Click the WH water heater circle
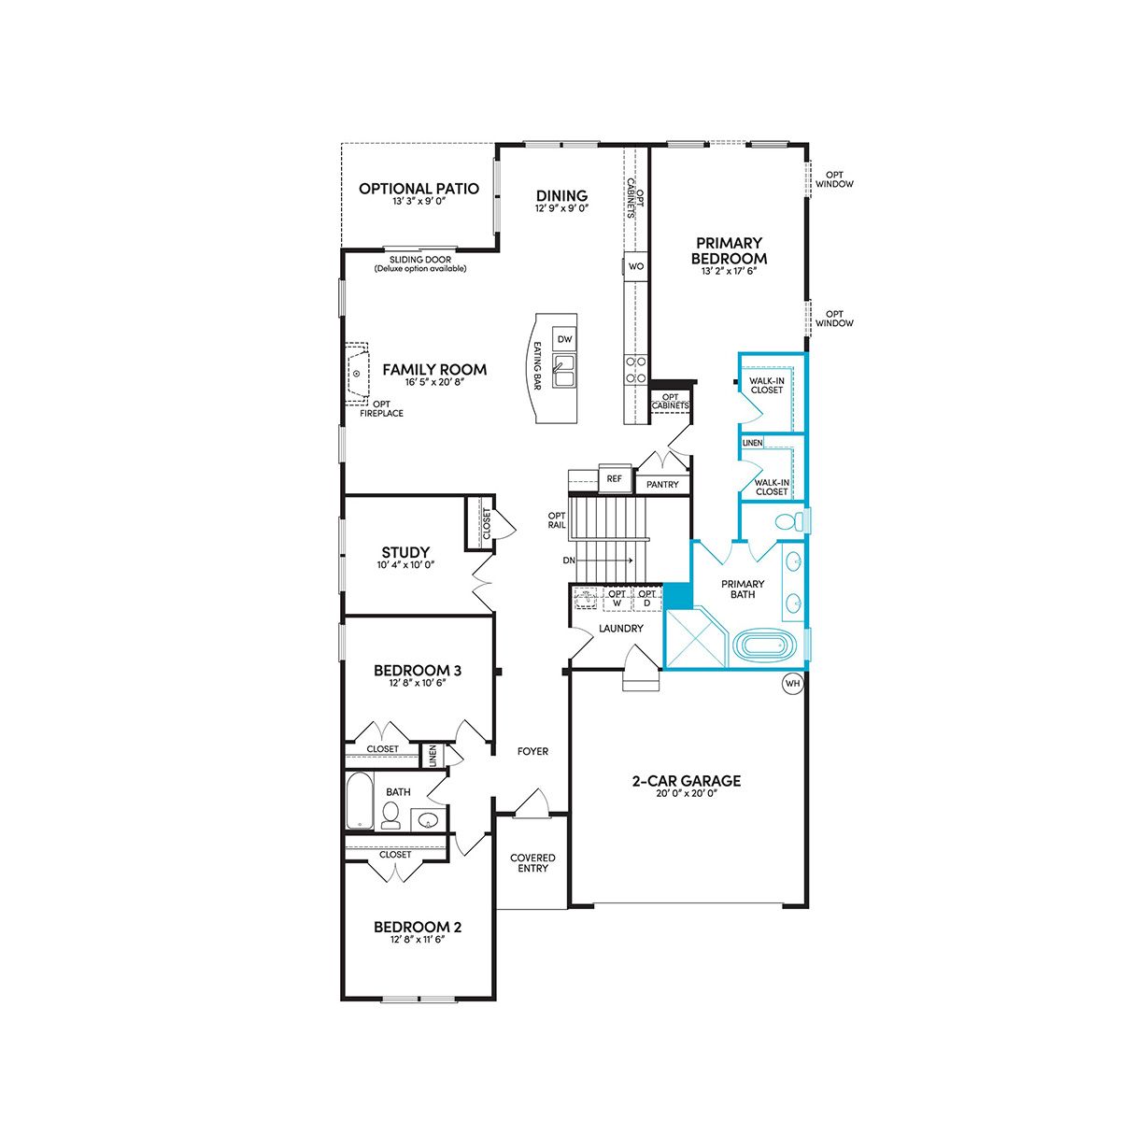(792, 683)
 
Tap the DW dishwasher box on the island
(564, 339)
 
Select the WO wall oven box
(636, 266)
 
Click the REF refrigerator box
(615, 479)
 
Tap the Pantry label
(662, 484)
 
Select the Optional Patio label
(419, 189)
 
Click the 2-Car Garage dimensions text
(687, 793)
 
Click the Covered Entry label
(532, 863)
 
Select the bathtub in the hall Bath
(360, 801)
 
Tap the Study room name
(405, 552)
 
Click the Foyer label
(532, 752)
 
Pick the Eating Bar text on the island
(537, 364)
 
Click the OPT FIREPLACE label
(381, 408)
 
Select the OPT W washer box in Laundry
(617, 598)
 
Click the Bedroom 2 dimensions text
(418, 939)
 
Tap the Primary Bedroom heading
(729, 250)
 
